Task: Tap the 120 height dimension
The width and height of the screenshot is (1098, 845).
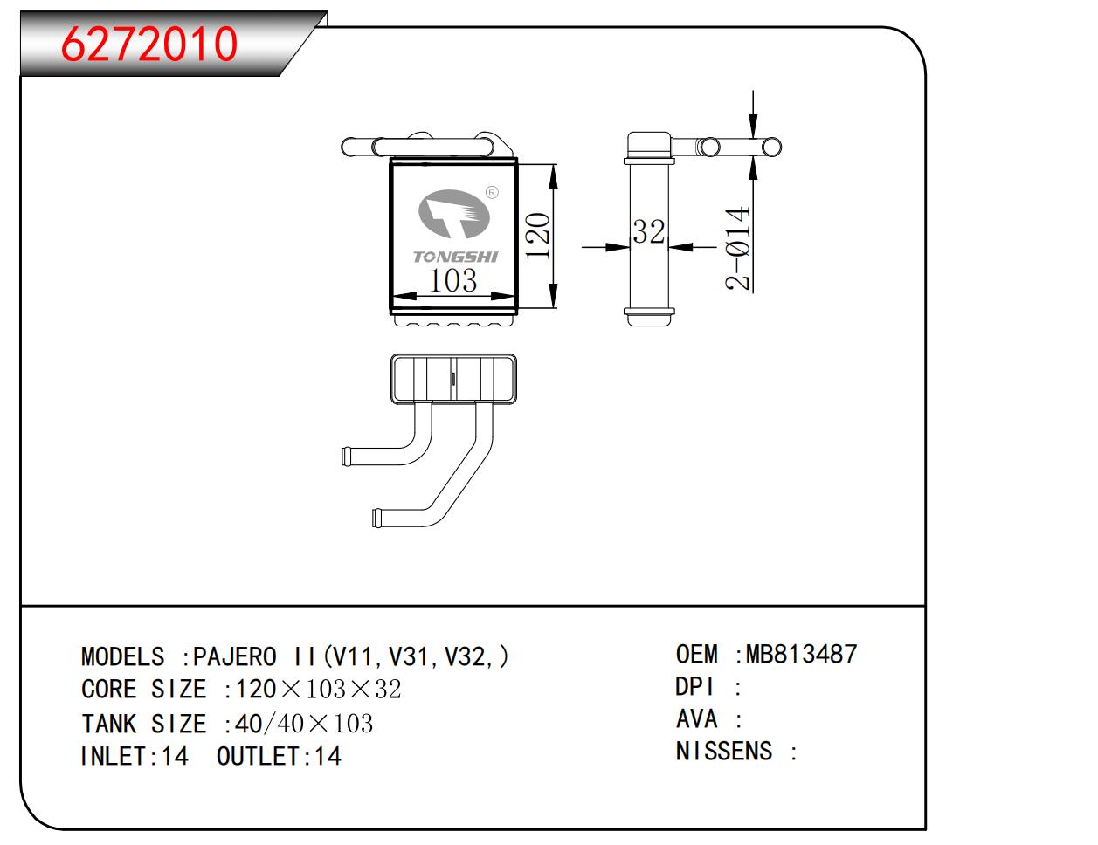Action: (x=538, y=236)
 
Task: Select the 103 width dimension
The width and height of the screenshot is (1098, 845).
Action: (x=453, y=281)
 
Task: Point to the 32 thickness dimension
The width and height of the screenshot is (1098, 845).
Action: (x=648, y=232)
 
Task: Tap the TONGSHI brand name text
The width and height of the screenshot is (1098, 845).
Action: (x=455, y=257)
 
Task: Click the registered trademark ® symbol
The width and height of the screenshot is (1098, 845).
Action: (x=491, y=192)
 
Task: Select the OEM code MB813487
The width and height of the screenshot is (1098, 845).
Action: (x=801, y=654)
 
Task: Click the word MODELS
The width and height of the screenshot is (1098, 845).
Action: (x=122, y=656)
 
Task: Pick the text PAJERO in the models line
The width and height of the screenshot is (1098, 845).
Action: (x=234, y=656)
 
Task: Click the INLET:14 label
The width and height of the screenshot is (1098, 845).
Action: (x=134, y=756)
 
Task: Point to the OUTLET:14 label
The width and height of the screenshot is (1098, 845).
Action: (x=278, y=756)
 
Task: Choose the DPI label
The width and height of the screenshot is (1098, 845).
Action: (x=695, y=687)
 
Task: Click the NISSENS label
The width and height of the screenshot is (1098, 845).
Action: (x=724, y=751)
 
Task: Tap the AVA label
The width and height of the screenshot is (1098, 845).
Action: (x=697, y=719)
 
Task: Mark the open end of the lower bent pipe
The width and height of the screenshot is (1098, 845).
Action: (x=376, y=518)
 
